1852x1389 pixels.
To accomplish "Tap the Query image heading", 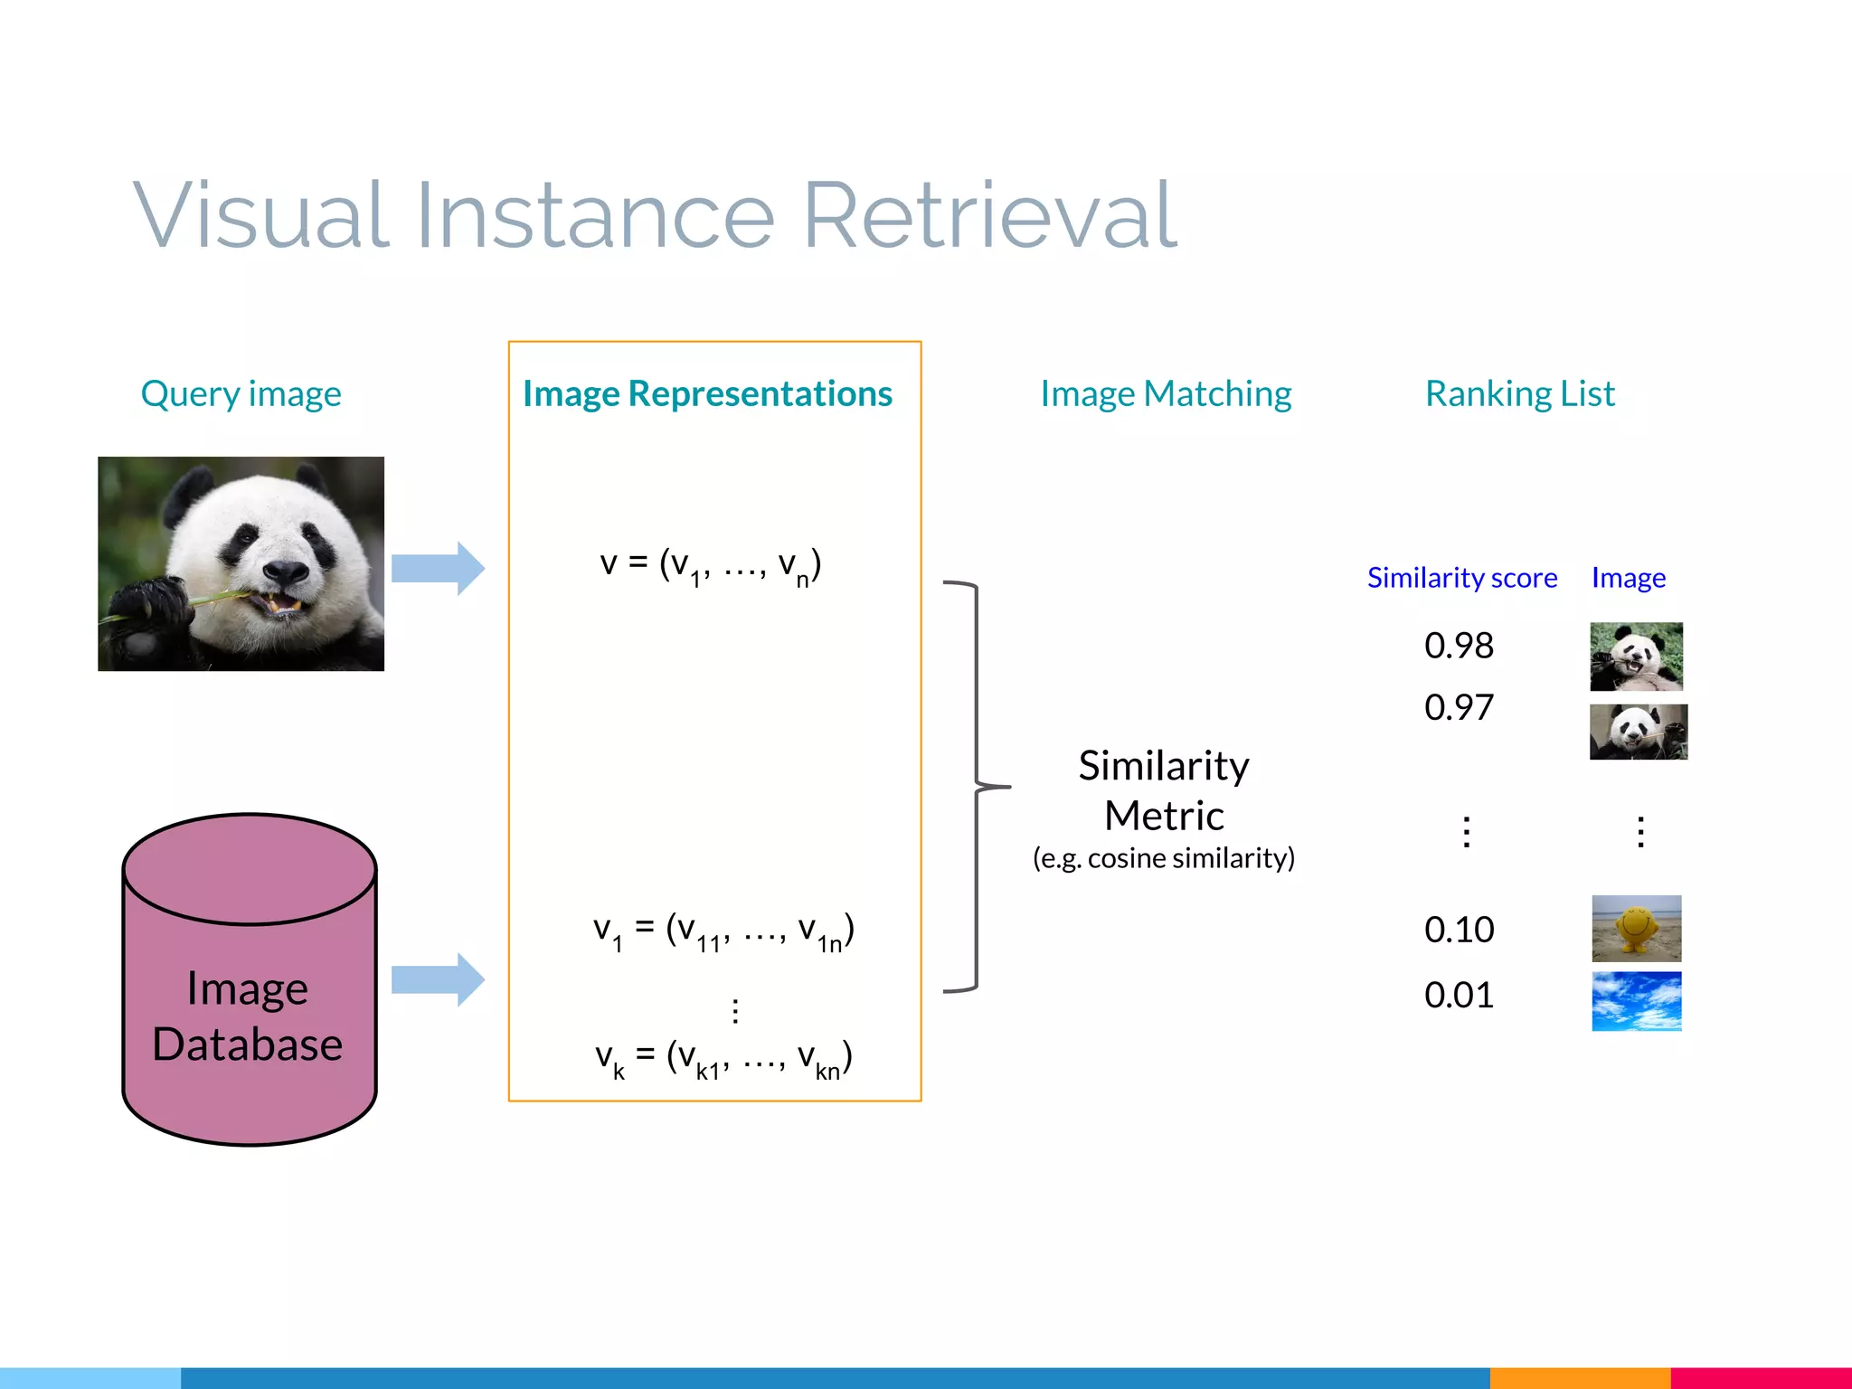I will (x=241, y=394).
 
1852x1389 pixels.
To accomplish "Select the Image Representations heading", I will (x=707, y=394).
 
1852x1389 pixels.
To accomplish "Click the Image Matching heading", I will (x=1165, y=394).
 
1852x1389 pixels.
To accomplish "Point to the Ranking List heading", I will (x=1519, y=394).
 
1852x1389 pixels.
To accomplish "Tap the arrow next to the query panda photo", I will (x=438, y=568).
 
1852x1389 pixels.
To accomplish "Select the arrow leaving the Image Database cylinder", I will (x=438, y=979).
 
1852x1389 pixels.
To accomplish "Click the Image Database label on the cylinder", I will (x=248, y=1016).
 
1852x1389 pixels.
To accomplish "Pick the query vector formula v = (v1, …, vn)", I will (x=711, y=565).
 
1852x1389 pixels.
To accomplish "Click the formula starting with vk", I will (x=723, y=1058).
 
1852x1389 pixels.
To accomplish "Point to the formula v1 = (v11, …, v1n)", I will (x=723, y=931).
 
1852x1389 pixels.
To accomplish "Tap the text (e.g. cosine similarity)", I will (x=1164, y=857).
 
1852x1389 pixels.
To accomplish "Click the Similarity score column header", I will (x=1461, y=578).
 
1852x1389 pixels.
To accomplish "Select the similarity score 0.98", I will (x=1459, y=646).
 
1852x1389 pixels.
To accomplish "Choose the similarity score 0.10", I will (x=1459, y=930).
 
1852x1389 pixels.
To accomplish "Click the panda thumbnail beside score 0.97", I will (x=1638, y=732).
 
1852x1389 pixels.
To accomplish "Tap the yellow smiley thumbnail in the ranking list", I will (x=1636, y=928).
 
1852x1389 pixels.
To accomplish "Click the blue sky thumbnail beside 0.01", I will (x=1636, y=1001).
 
